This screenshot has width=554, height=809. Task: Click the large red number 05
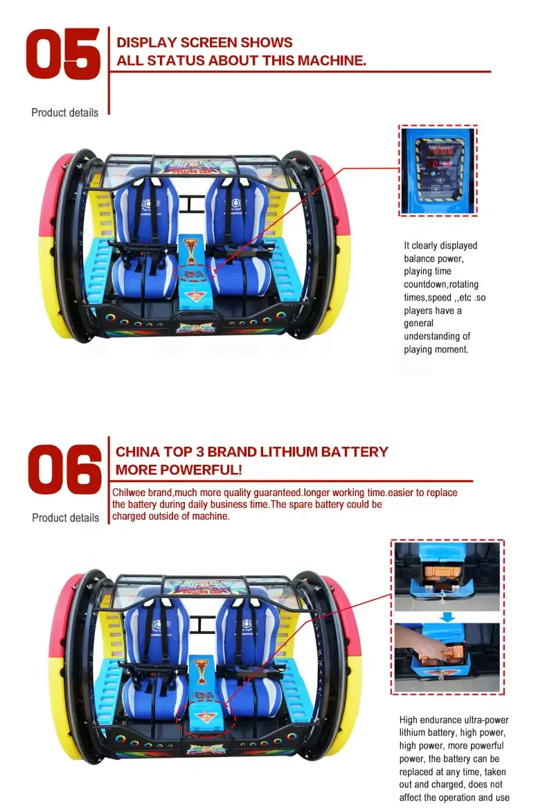[62, 54]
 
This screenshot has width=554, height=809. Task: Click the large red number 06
[64, 470]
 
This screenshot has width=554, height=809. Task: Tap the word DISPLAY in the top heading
[146, 43]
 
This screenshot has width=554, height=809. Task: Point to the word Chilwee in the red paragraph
[129, 492]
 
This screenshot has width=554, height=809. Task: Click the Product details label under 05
[64, 112]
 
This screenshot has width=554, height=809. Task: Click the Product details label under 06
[65, 517]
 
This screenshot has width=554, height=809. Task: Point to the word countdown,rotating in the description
[441, 285]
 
